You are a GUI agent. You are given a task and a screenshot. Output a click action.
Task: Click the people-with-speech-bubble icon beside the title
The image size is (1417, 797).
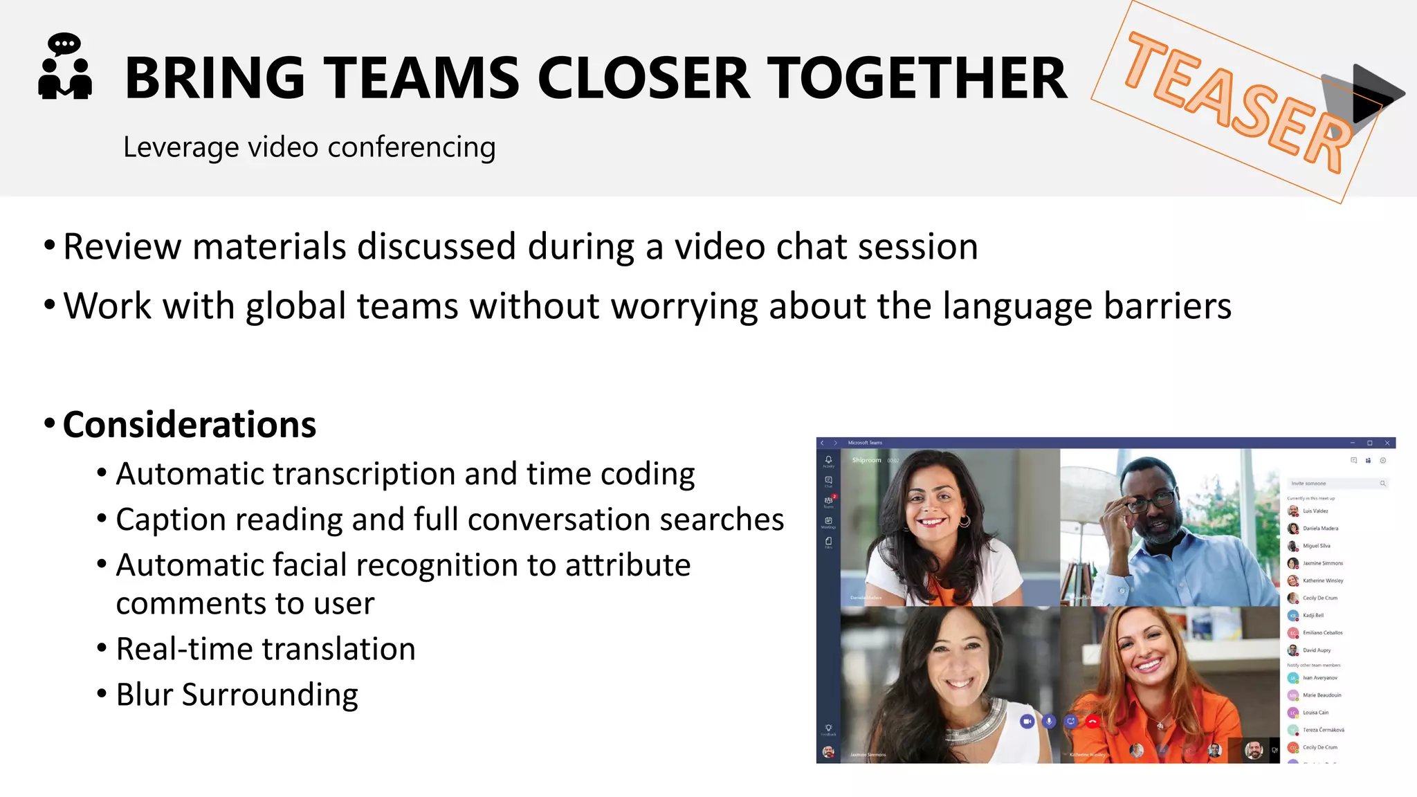click(64, 67)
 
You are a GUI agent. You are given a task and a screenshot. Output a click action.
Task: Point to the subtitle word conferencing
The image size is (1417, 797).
click(411, 147)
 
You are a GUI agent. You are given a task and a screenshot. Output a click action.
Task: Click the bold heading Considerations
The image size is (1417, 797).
click(189, 424)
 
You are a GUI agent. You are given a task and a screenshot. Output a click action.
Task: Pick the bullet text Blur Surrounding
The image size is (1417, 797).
click(237, 695)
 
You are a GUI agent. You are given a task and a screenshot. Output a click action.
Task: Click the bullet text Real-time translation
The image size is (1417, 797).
click(266, 649)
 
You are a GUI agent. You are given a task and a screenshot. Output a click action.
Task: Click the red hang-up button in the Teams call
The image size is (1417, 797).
click(1093, 722)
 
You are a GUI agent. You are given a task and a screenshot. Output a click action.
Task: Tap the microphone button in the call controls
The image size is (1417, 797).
click(1049, 722)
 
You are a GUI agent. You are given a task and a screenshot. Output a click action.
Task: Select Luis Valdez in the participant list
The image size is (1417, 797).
click(1315, 511)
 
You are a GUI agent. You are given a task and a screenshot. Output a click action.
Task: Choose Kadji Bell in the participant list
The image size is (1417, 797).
click(1313, 615)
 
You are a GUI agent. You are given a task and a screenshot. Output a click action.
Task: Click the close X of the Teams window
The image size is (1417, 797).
click(1387, 443)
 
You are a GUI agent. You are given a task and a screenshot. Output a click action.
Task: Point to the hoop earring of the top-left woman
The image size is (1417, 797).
click(964, 520)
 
